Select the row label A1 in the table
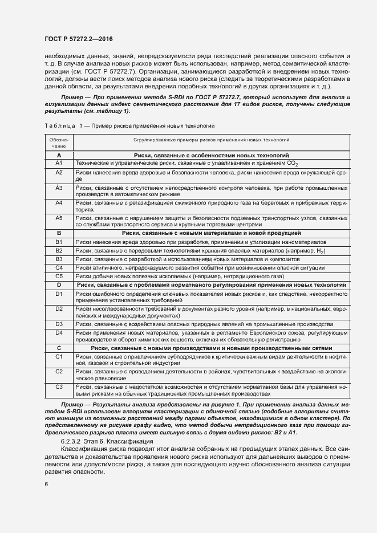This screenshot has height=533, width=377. click(58, 163)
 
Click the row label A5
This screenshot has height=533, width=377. click(58, 218)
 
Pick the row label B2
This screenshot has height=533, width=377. click(58, 250)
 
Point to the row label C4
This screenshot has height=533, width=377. click(58, 267)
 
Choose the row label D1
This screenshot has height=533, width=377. click(58, 294)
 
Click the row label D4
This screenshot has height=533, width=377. click(58, 332)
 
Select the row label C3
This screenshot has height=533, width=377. click(58, 387)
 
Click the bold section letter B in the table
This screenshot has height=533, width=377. click(58, 233)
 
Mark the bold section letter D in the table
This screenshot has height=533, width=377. click(58, 284)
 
